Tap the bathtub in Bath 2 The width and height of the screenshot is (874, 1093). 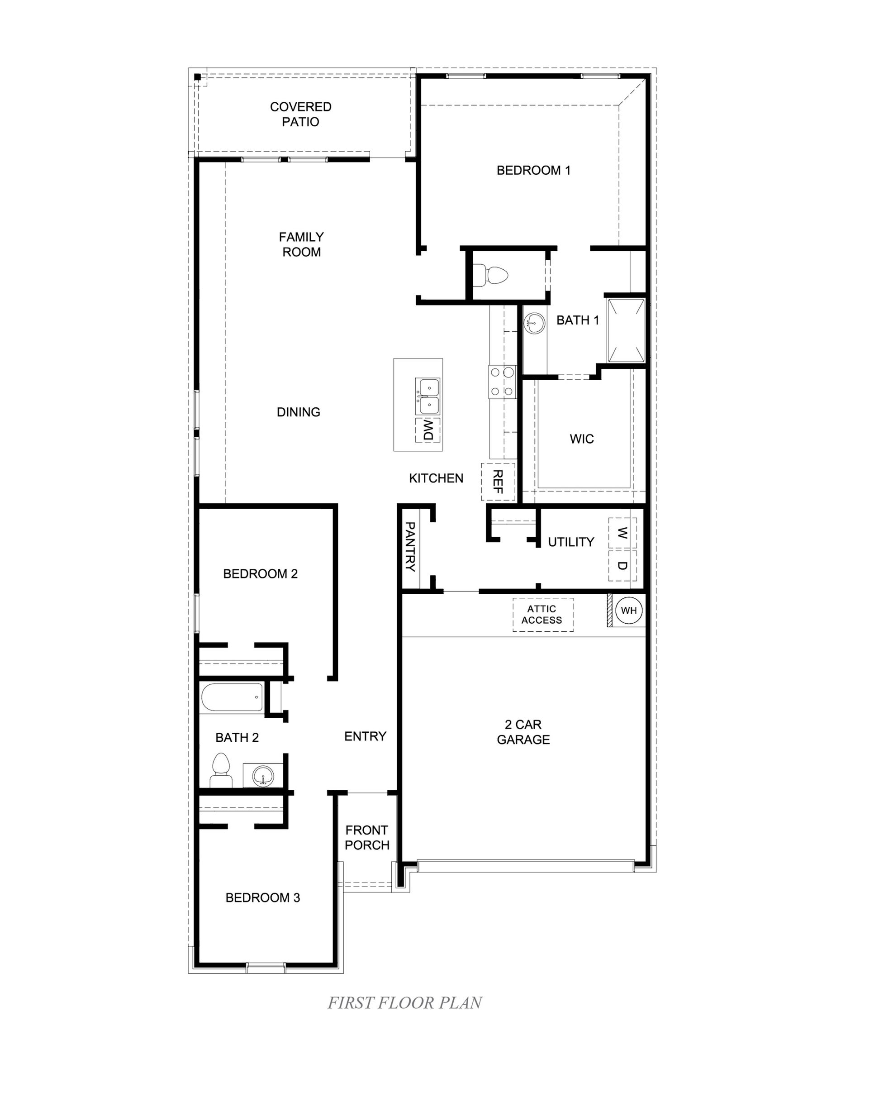point(232,697)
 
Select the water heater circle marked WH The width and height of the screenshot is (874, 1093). point(629,611)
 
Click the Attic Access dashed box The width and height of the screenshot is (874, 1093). point(543,615)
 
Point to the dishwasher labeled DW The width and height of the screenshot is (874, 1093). point(428,430)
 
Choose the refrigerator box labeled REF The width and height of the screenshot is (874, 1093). point(498,482)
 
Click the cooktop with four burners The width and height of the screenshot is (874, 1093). point(502,382)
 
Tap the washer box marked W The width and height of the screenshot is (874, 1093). point(622,533)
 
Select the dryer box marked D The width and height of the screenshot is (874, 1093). point(622,565)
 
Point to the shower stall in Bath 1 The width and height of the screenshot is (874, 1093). point(626,330)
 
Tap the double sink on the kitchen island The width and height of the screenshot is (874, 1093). point(427,396)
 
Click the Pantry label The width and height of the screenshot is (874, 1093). point(410,547)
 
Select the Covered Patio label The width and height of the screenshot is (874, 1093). point(300,114)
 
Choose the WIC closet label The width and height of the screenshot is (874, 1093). point(582,439)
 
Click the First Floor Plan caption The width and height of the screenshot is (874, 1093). point(404,1003)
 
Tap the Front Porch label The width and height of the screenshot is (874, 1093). point(367,837)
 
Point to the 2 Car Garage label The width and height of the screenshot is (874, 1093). point(523,732)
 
